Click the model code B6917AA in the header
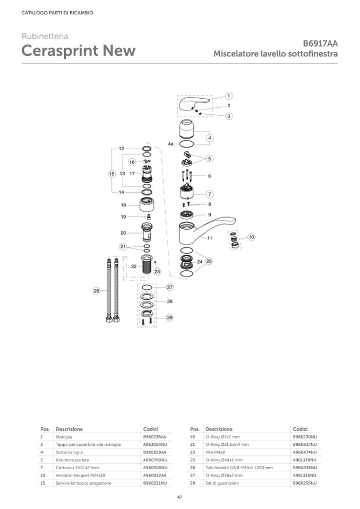point(320,44)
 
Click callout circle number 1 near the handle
point(228,96)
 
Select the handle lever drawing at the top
point(195,104)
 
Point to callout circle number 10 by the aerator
point(252,237)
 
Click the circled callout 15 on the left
point(112,174)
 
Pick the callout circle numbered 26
point(97,291)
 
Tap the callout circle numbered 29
point(170,317)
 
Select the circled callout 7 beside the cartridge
point(210,194)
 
